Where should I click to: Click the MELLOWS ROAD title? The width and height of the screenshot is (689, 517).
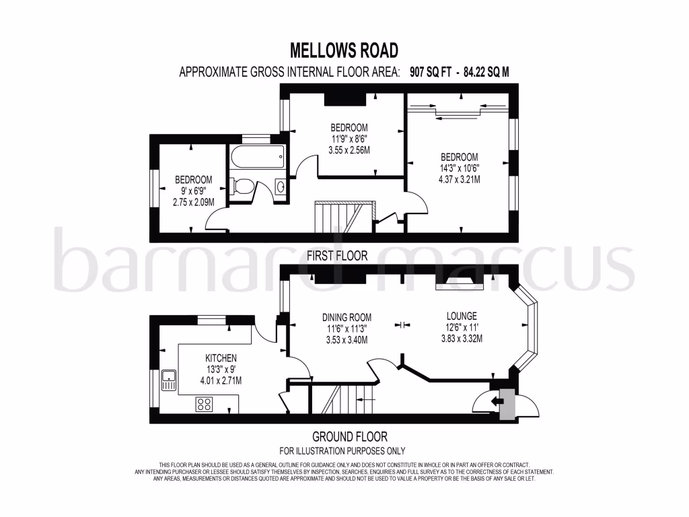pyautogui.click(x=344, y=50)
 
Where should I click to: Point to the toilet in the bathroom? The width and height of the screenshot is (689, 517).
pyautogui.click(x=242, y=186)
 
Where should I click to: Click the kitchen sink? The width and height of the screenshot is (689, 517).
pyautogui.click(x=168, y=381)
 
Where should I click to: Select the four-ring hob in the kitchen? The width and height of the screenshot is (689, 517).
pyautogui.click(x=204, y=404)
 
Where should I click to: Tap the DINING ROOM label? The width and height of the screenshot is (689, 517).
pyautogui.click(x=347, y=318)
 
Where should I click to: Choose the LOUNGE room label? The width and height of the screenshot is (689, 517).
pyautogui.click(x=462, y=316)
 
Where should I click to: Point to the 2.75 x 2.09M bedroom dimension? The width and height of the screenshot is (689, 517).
pyautogui.click(x=194, y=202)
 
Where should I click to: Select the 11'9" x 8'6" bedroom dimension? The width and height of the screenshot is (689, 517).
pyautogui.click(x=349, y=139)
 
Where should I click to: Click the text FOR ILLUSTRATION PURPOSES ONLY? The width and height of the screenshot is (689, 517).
pyautogui.click(x=342, y=451)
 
